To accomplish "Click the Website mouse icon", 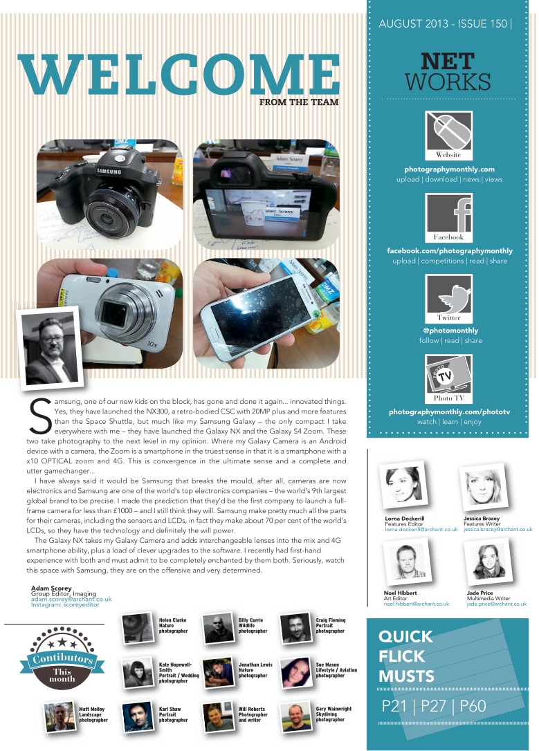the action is click(448, 135).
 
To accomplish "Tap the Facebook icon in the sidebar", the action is click(448, 217).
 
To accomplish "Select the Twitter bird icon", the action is click(448, 298).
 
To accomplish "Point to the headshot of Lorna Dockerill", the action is click(403, 485).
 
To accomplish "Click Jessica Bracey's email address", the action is click(497, 529).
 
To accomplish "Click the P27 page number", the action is click(433, 705).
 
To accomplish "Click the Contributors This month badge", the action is click(62, 658).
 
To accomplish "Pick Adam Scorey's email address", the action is click(71, 599).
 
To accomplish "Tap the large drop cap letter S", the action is click(39, 416).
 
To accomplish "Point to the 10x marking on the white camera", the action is click(152, 344).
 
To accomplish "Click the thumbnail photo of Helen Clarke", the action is click(138, 629).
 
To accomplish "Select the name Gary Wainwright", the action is click(334, 709).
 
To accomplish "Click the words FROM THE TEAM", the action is click(299, 102).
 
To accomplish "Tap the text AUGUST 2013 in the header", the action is click(414, 24).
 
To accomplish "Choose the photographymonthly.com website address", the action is click(449, 169).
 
